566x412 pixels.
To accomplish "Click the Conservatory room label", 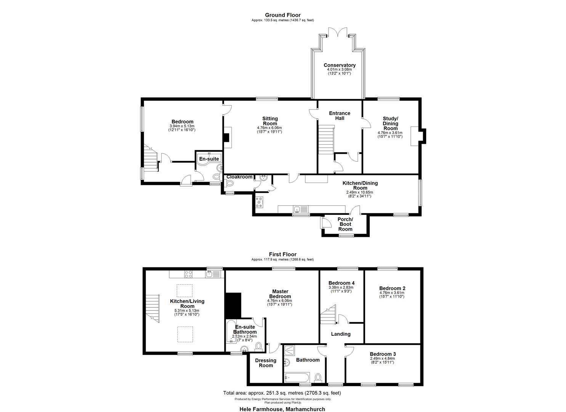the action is click(x=339, y=65).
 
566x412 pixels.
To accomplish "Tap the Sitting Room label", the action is click(x=270, y=121).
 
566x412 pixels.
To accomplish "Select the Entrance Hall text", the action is click(x=340, y=116).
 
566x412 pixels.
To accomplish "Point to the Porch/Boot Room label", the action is click(x=345, y=224).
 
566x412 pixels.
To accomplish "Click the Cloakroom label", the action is click(x=239, y=177).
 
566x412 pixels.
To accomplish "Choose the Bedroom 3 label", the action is click(x=383, y=354).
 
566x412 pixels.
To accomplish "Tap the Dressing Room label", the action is click(x=266, y=363).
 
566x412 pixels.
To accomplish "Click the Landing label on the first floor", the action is click(x=341, y=334).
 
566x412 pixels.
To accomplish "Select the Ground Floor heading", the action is click(x=283, y=15).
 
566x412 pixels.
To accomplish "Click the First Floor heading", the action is click(x=283, y=254).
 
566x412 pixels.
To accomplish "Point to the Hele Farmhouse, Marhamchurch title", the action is click(x=282, y=402).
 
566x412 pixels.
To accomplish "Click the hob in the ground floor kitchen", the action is click(x=260, y=202).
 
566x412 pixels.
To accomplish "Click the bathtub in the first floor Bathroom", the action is click(x=297, y=378).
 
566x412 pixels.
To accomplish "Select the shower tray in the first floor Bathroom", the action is click(x=288, y=351).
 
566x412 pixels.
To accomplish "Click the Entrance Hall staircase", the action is click(x=326, y=140).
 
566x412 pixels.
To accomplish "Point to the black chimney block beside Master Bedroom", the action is click(x=233, y=306).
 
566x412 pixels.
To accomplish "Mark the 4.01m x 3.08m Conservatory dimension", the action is click(x=339, y=69).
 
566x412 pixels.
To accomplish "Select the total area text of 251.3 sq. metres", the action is click(x=282, y=393).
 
